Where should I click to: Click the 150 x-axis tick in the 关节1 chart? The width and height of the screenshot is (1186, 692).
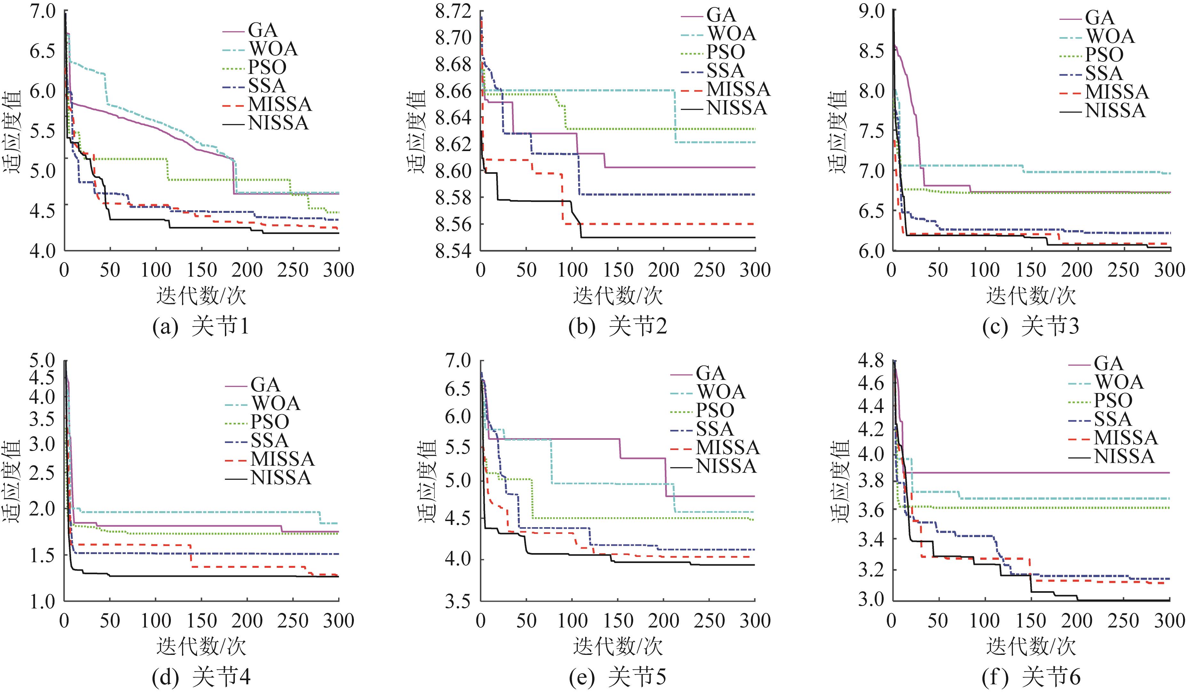[x=202, y=270]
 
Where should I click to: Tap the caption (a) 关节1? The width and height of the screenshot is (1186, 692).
[x=201, y=327]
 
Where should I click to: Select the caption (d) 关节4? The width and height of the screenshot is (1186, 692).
[x=201, y=677]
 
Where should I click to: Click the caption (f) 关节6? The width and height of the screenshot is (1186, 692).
[x=1031, y=677]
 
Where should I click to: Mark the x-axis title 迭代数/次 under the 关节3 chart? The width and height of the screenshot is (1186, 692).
[x=1031, y=296]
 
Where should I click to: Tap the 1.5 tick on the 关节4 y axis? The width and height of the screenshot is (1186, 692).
[x=42, y=555]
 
